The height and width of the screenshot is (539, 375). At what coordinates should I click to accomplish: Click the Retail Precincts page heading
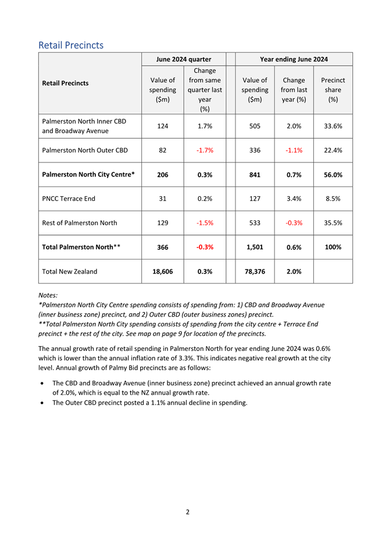71,45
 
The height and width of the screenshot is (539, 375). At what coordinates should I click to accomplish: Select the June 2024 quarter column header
183,59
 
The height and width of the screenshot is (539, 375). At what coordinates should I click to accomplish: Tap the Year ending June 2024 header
294,59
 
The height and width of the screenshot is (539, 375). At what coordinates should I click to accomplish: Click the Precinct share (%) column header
333,90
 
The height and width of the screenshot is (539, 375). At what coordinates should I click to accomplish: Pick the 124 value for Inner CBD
163,125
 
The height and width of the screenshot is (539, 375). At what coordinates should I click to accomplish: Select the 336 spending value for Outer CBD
255,150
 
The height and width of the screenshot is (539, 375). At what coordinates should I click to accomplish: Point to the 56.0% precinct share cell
333,175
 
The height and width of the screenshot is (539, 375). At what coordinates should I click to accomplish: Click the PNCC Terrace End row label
69,198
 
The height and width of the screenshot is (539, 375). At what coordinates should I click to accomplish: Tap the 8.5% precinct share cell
333,198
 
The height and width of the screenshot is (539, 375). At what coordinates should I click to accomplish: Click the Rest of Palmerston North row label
80,223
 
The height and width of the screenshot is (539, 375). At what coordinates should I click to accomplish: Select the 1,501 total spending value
255,247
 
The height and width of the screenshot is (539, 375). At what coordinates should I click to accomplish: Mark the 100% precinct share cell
333,247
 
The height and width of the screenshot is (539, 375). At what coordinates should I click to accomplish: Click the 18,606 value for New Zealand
163,271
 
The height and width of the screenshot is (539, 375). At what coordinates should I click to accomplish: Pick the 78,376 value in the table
255,271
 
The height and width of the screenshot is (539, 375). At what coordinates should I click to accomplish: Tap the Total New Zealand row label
70,271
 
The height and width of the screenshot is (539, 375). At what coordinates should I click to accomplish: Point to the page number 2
187,512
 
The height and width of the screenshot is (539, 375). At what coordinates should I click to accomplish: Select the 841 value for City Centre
255,175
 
